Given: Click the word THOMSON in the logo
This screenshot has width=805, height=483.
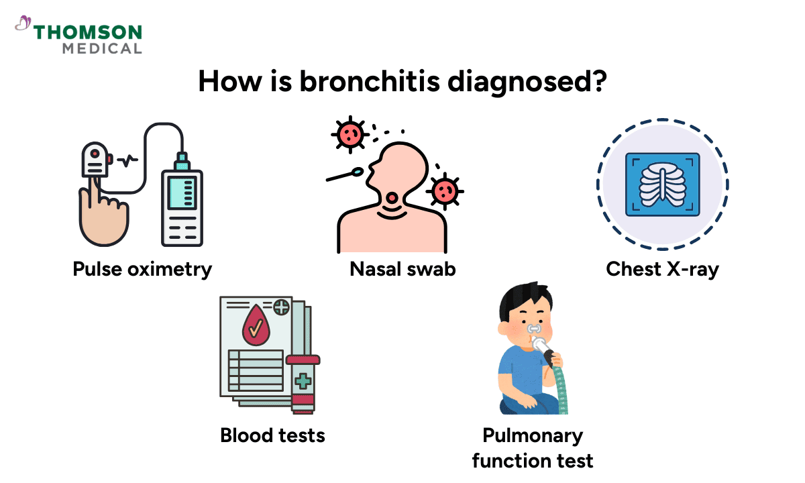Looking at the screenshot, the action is click(88, 32).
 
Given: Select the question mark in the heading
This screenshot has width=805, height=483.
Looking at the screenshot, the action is click(598, 82).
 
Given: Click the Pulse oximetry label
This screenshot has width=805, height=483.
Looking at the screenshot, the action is click(142, 269).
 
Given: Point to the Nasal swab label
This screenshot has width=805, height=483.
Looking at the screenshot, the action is click(402, 269).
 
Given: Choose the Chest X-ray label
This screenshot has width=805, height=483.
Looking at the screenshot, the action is click(662, 269).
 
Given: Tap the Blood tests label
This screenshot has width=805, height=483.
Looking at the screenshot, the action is click(272, 435).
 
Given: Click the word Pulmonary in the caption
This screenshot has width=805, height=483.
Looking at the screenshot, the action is click(533, 435).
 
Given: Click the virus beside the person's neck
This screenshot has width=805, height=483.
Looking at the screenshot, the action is click(443, 191).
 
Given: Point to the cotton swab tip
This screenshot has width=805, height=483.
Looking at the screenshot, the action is click(359, 172).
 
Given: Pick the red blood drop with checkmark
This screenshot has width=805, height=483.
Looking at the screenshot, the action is click(255, 326).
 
